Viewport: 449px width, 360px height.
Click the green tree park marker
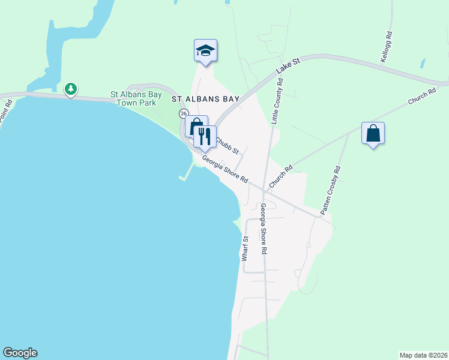click(x=71, y=89)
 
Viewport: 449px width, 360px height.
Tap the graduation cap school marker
click(x=205, y=50)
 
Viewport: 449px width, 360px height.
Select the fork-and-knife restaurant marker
click(x=205, y=137)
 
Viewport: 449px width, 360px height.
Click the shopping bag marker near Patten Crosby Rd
click(x=373, y=133)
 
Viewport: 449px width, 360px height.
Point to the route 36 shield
click(x=184, y=113)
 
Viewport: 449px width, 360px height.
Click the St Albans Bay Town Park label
click(x=133, y=98)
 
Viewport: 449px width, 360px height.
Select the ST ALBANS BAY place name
click(x=205, y=98)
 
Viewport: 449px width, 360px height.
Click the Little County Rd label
click(x=278, y=100)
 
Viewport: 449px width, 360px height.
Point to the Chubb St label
click(x=228, y=144)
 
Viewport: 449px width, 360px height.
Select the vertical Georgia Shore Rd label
click(x=263, y=229)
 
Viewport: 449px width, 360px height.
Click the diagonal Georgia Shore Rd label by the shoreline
click(x=225, y=169)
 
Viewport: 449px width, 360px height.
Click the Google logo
click(x=20, y=353)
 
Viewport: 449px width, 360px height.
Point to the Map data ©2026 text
click(x=423, y=355)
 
